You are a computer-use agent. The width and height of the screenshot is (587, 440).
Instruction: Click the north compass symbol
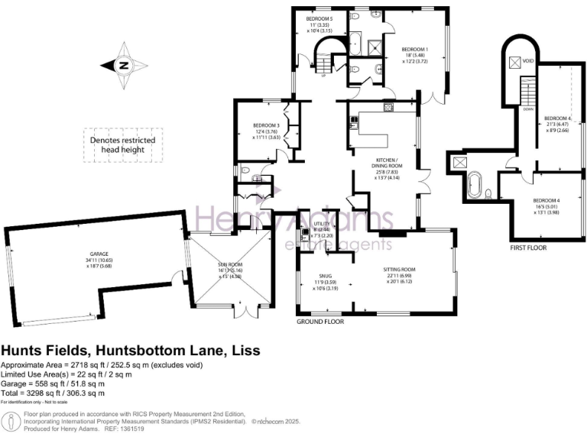[x=124, y=65]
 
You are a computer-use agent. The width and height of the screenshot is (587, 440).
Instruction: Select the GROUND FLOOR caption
[x=320, y=322]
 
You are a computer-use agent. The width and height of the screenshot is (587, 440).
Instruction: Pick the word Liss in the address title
[x=245, y=351]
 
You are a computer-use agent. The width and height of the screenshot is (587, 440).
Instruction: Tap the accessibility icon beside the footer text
[x=10, y=421]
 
